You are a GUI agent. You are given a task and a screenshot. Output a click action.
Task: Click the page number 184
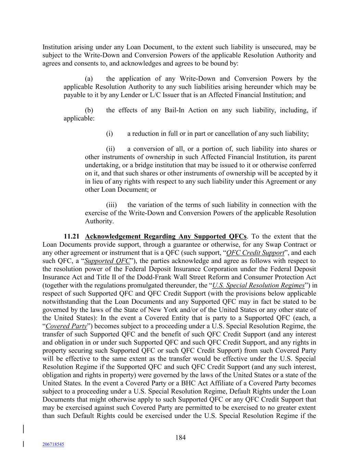click(180, 437)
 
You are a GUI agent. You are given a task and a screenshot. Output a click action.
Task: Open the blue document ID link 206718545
click(53, 444)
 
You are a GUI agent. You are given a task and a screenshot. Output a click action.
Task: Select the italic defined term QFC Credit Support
click(255, 253)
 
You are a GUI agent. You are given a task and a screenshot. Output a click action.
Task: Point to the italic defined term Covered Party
click(66, 326)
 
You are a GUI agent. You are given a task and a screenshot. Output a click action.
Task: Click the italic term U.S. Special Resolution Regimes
click(258, 286)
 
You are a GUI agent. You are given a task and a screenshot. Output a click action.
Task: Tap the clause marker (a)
click(89, 79)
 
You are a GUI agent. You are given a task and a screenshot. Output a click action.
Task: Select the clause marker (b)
click(89, 110)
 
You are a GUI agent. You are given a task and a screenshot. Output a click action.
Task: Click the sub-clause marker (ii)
click(110, 149)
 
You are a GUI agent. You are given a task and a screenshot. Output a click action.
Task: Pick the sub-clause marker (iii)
click(111, 205)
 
